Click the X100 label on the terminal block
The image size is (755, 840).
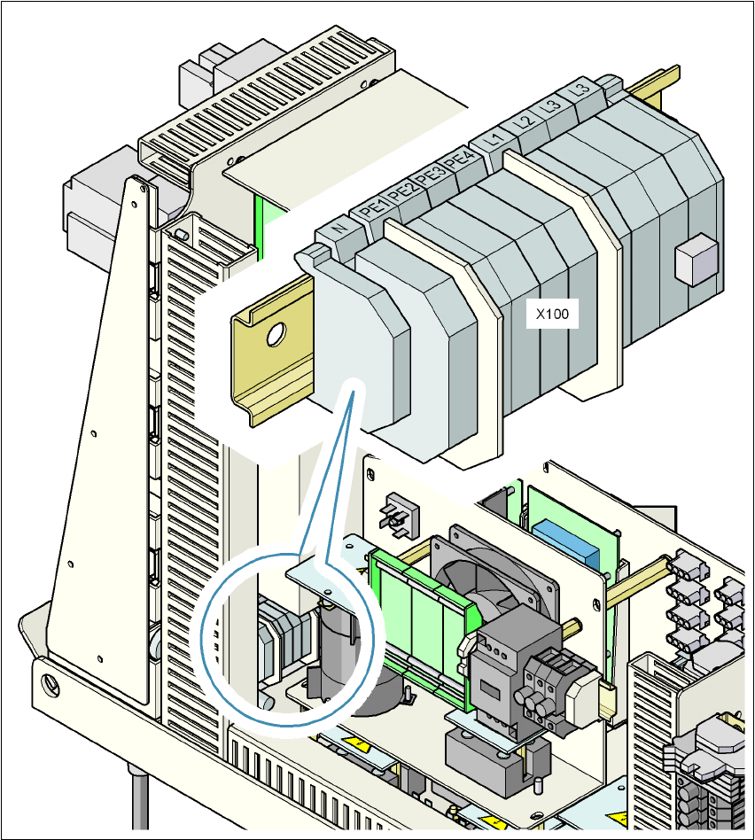[x=552, y=313]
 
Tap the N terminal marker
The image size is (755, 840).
[x=339, y=230]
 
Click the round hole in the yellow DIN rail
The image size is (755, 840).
[x=275, y=334]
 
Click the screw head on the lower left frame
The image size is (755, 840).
[x=52, y=683]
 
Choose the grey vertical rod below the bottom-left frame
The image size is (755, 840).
[x=139, y=802]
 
